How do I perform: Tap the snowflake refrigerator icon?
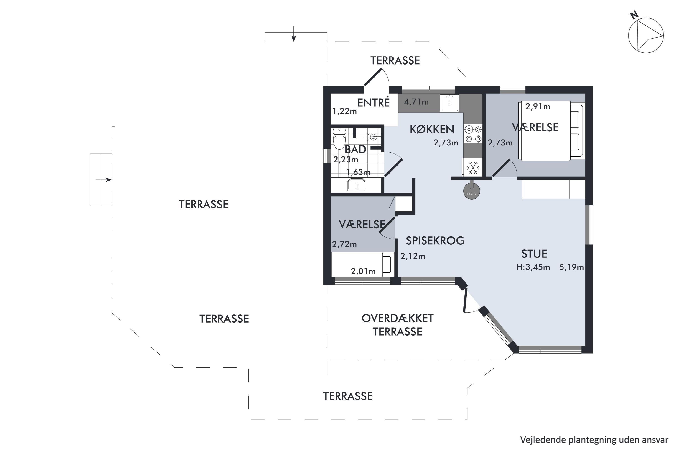(x=472, y=168)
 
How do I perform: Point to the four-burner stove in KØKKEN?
(x=473, y=134)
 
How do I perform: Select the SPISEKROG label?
(x=435, y=241)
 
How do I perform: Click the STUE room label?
(x=534, y=254)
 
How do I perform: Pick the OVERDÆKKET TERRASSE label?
(x=398, y=325)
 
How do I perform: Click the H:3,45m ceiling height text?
(x=533, y=267)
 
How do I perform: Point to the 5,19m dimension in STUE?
(x=571, y=267)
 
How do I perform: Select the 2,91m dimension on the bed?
(x=538, y=106)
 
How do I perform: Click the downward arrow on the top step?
(x=294, y=34)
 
